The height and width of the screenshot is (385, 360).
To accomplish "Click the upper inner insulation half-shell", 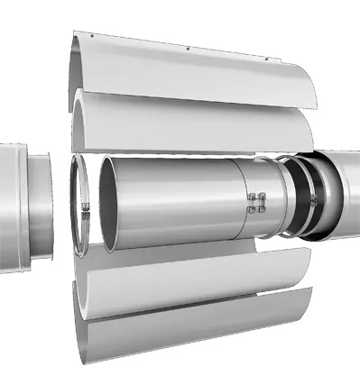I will tap(180, 122).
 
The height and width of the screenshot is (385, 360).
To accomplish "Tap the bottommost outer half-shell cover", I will tap(180, 338).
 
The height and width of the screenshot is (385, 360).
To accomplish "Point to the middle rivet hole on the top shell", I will tap(184, 46).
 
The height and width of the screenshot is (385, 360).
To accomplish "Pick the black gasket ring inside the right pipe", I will tap(312, 198).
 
